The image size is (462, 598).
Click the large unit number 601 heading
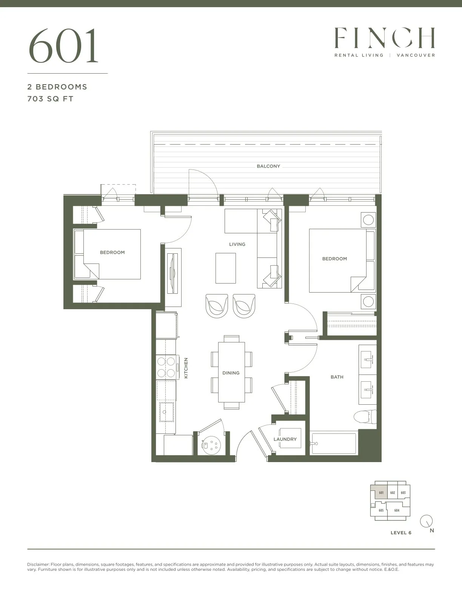click(x=63, y=46)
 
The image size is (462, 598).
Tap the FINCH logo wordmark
click(x=384, y=38)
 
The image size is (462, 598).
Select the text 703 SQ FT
click(x=50, y=99)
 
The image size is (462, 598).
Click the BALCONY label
click(x=268, y=166)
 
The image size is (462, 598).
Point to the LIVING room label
click(x=237, y=244)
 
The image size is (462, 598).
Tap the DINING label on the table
click(x=231, y=373)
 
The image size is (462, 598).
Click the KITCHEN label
click(x=186, y=368)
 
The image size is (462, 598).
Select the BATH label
click(x=337, y=377)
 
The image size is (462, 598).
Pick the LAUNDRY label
click(x=285, y=439)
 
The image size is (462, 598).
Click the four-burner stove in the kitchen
click(x=166, y=367)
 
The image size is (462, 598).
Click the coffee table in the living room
click(x=226, y=268)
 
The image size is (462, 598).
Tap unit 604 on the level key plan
click(x=397, y=510)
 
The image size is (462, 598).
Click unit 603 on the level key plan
click(x=403, y=493)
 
